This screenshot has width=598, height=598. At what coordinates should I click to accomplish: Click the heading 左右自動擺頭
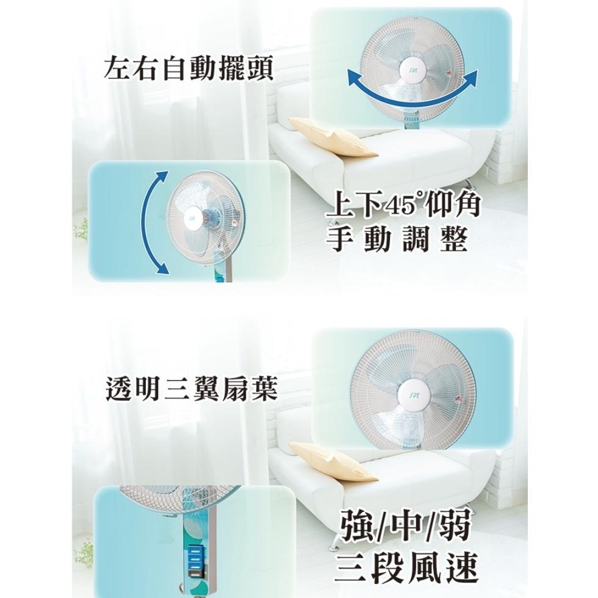tap(189, 68)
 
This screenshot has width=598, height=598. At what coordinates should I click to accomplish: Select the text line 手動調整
tap(397, 239)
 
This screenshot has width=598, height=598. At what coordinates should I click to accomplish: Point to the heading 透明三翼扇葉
tap(191, 389)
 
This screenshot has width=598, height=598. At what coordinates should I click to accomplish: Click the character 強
tap(358, 525)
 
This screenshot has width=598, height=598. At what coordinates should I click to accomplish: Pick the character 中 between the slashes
tap(408, 525)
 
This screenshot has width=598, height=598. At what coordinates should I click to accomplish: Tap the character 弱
tap(455, 525)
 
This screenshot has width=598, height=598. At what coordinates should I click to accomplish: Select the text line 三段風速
tap(406, 567)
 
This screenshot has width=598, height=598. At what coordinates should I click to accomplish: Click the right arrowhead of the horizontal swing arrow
tap(471, 76)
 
